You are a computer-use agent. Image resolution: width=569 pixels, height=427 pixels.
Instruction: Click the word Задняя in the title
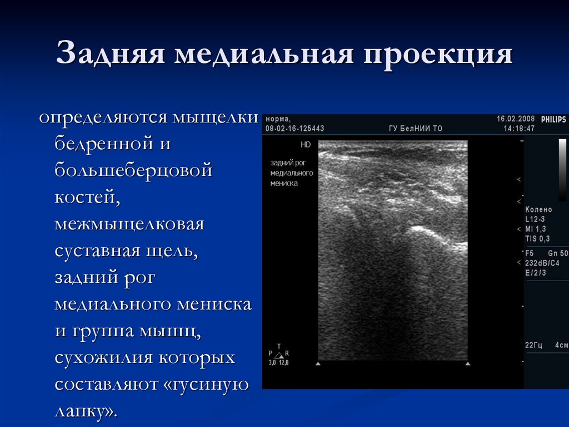click(x=110, y=56)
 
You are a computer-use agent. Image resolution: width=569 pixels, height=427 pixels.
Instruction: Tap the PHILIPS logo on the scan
click(x=553, y=119)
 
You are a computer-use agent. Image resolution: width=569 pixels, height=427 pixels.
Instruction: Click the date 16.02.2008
click(x=516, y=119)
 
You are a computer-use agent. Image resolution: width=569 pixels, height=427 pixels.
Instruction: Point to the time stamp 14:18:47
click(x=519, y=129)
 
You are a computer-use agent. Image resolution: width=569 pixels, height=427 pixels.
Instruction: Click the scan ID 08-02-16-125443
click(x=295, y=129)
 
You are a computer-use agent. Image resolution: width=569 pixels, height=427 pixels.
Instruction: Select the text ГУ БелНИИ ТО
click(x=415, y=129)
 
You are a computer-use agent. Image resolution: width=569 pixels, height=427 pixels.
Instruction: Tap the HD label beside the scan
click(x=306, y=144)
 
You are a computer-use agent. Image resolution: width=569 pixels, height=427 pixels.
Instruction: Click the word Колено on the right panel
click(x=539, y=209)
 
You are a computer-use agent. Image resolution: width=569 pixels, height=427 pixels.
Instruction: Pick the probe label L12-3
click(x=536, y=219)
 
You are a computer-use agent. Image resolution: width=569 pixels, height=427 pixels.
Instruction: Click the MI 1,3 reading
click(x=536, y=229)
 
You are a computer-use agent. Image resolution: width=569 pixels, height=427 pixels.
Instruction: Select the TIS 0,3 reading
click(x=537, y=239)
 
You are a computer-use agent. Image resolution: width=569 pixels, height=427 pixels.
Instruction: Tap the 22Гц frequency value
click(x=533, y=345)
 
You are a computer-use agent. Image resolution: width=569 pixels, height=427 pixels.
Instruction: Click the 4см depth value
click(x=561, y=345)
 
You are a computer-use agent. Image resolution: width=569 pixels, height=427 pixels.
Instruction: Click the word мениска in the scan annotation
click(x=284, y=183)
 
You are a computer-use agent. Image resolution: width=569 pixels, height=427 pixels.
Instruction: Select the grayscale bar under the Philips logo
click(x=562, y=170)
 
